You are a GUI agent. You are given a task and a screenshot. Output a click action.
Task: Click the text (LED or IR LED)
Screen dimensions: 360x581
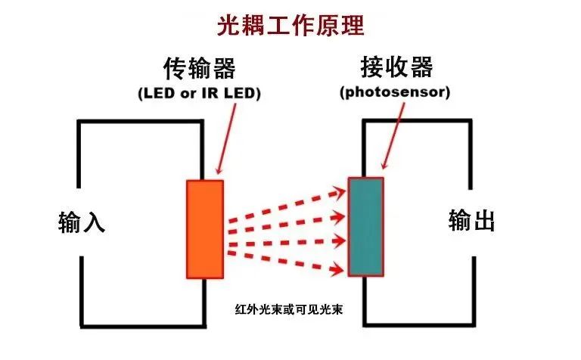click(199, 94)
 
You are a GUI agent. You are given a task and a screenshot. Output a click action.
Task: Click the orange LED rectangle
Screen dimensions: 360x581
click(205, 229)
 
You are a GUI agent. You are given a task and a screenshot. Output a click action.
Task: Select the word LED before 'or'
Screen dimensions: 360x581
click(157, 94)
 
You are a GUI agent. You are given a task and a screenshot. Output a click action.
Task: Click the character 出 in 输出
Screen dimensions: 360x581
click(484, 221)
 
